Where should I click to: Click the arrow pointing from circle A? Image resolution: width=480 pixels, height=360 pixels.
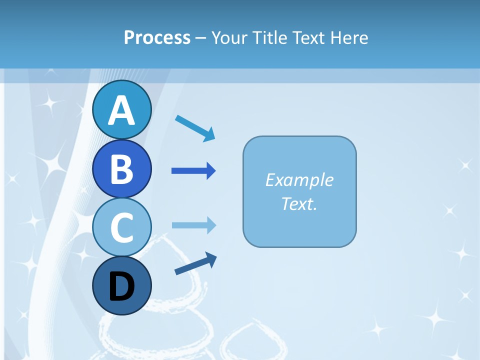pos(195,127)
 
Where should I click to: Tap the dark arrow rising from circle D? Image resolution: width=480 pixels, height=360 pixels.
pos(195,264)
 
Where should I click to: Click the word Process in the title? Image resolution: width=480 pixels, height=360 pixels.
pos(157,37)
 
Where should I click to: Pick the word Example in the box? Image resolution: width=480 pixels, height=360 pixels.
pos(299,180)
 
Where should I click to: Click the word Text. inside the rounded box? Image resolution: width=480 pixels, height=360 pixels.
pos(299,203)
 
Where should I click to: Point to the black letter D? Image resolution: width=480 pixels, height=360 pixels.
pos(121,287)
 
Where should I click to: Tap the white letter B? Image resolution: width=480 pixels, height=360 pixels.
pos(121,169)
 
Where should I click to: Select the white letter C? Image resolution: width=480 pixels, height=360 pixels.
pos(121,227)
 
